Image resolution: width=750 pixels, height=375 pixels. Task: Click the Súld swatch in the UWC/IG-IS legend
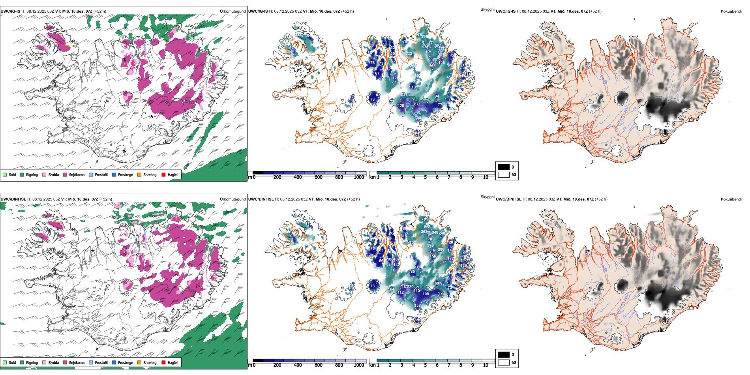pyautogui.click(x=5, y=174)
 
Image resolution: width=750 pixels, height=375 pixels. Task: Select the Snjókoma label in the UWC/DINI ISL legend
pyautogui.click(x=77, y=362)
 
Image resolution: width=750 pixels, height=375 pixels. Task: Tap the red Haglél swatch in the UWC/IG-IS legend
pyautogui.click(x=163, y=174)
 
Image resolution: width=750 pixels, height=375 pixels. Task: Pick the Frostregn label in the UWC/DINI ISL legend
pyautogui.click(x=126, y=362)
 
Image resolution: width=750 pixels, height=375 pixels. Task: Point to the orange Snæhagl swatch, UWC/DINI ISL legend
pyautogui.click(x=139, y=362)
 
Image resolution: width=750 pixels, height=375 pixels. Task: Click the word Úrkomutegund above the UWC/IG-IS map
pyautogui.click(x=232, y=11)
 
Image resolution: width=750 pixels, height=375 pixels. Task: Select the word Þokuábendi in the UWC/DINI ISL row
pyautogui.click(x=731, y=199)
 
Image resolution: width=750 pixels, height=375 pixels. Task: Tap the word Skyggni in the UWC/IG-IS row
pyautogui.click(x=487, y=9)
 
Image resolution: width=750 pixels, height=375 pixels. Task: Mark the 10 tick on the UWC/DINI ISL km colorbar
pyautogui.click(x=486, y=365)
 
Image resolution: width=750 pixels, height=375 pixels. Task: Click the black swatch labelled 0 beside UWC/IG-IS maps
pyautogui.click(x=504, y=167)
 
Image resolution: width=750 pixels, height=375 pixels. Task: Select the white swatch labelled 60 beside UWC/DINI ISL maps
pyautogui.click(x=504, y=362)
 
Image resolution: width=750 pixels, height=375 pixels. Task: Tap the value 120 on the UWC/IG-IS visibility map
pyautogui.click(x=401, y=106)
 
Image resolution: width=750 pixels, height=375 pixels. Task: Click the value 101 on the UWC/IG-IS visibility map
pyautogui.click(x=414, y=87)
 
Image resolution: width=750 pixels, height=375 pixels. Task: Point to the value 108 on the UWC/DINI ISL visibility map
pyautogui.click(x=426, y=294)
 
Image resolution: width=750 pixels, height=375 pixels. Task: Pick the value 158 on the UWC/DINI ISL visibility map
pyautogui.click(x=417, y=306)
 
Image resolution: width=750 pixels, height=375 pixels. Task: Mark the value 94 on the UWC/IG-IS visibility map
pyautogui.click(x=437, y=96)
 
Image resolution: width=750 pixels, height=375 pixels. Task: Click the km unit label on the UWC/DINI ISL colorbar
pyautogui.click(x=372, y=365)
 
